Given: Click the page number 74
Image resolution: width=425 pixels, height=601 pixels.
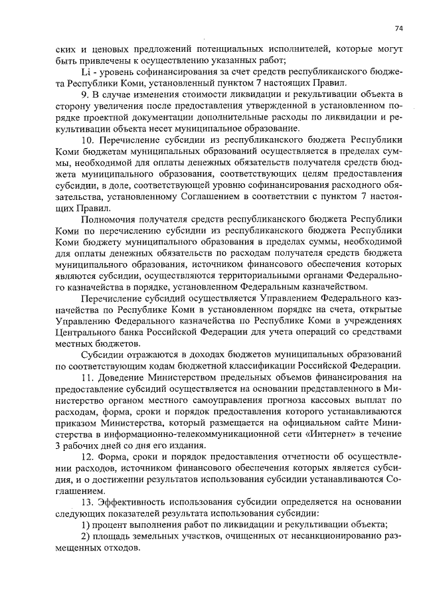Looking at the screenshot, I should [398, 29].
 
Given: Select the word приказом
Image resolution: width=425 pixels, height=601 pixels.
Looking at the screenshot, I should [77, 422].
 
